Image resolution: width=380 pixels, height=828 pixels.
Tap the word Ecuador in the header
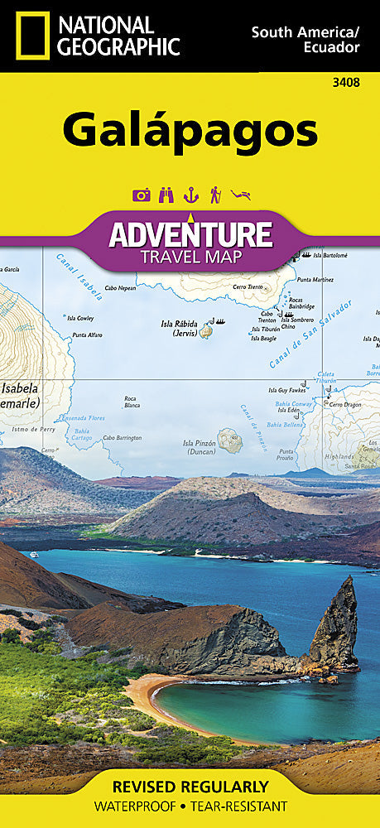coord(333,47)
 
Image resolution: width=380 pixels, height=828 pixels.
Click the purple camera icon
coord(142,195)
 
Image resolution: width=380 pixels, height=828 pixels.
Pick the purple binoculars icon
coord(166,195)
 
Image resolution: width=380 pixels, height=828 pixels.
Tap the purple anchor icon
coord(190,195)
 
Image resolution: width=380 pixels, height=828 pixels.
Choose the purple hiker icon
coord(215,195)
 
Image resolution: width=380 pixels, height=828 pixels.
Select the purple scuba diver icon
coord(241,195)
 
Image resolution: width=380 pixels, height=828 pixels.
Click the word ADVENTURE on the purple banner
coord(190,234)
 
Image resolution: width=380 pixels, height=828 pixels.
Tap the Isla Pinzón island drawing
coord(229,440)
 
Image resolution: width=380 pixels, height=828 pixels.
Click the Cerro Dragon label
coord(344,405)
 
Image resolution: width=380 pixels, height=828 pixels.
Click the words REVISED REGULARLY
coord(190,786)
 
